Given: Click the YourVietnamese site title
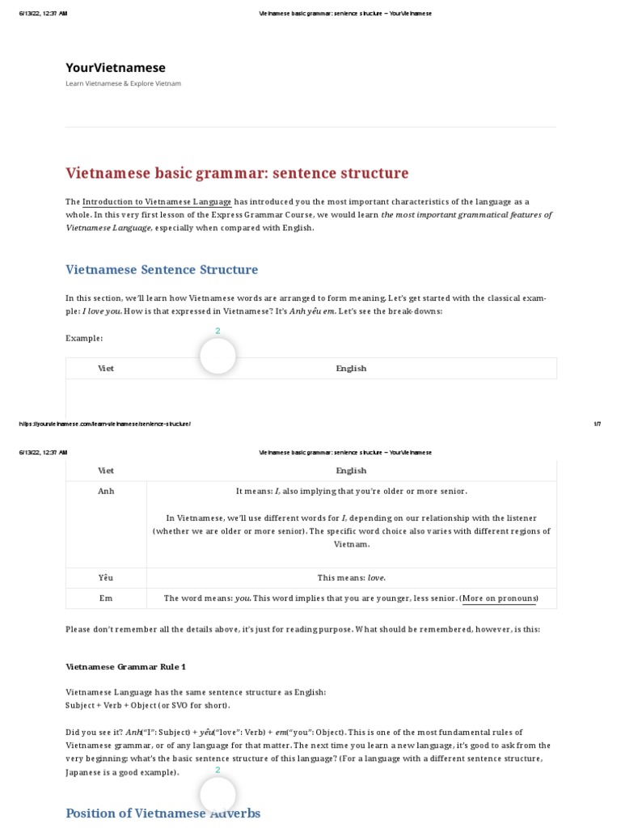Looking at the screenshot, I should pyautogui.click(x=116, y=68).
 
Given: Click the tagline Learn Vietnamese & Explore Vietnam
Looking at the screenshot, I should pyautogui.click(x=123, y=84).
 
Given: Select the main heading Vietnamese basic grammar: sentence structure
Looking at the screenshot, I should pyautogui.click(x=237, y=173).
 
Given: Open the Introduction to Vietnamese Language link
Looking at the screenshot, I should pyautogui.click(x=157, y=201).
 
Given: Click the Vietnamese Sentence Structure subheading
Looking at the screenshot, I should pyautogui.click(x=162, y=269).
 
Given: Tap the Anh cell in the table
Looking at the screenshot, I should pyautogui.click(x=106, y=492).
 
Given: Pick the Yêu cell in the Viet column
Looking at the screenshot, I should pyautogui.click(x=106, y=578).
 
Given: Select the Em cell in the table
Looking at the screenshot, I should pyautogui.click(x=106, y=598).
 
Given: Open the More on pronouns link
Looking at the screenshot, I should pyautogui.click(x=499, y=598).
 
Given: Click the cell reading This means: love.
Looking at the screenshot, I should pyautogui.click(x=351, y=578).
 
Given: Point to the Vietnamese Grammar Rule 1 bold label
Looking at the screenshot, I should pyautogui.click(x=125, y=667).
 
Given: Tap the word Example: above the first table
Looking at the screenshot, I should pyautogui.click(x=84, y=338).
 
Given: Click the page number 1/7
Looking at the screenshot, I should pyautogui.click(x=597, y=424).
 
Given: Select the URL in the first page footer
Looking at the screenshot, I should pyautogui.click(x=105, y=424).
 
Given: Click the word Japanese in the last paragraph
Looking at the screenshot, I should pyautogui.click(x=84, y=772).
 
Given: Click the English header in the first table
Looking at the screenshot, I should pyautogui.click(x=351, y=369).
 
